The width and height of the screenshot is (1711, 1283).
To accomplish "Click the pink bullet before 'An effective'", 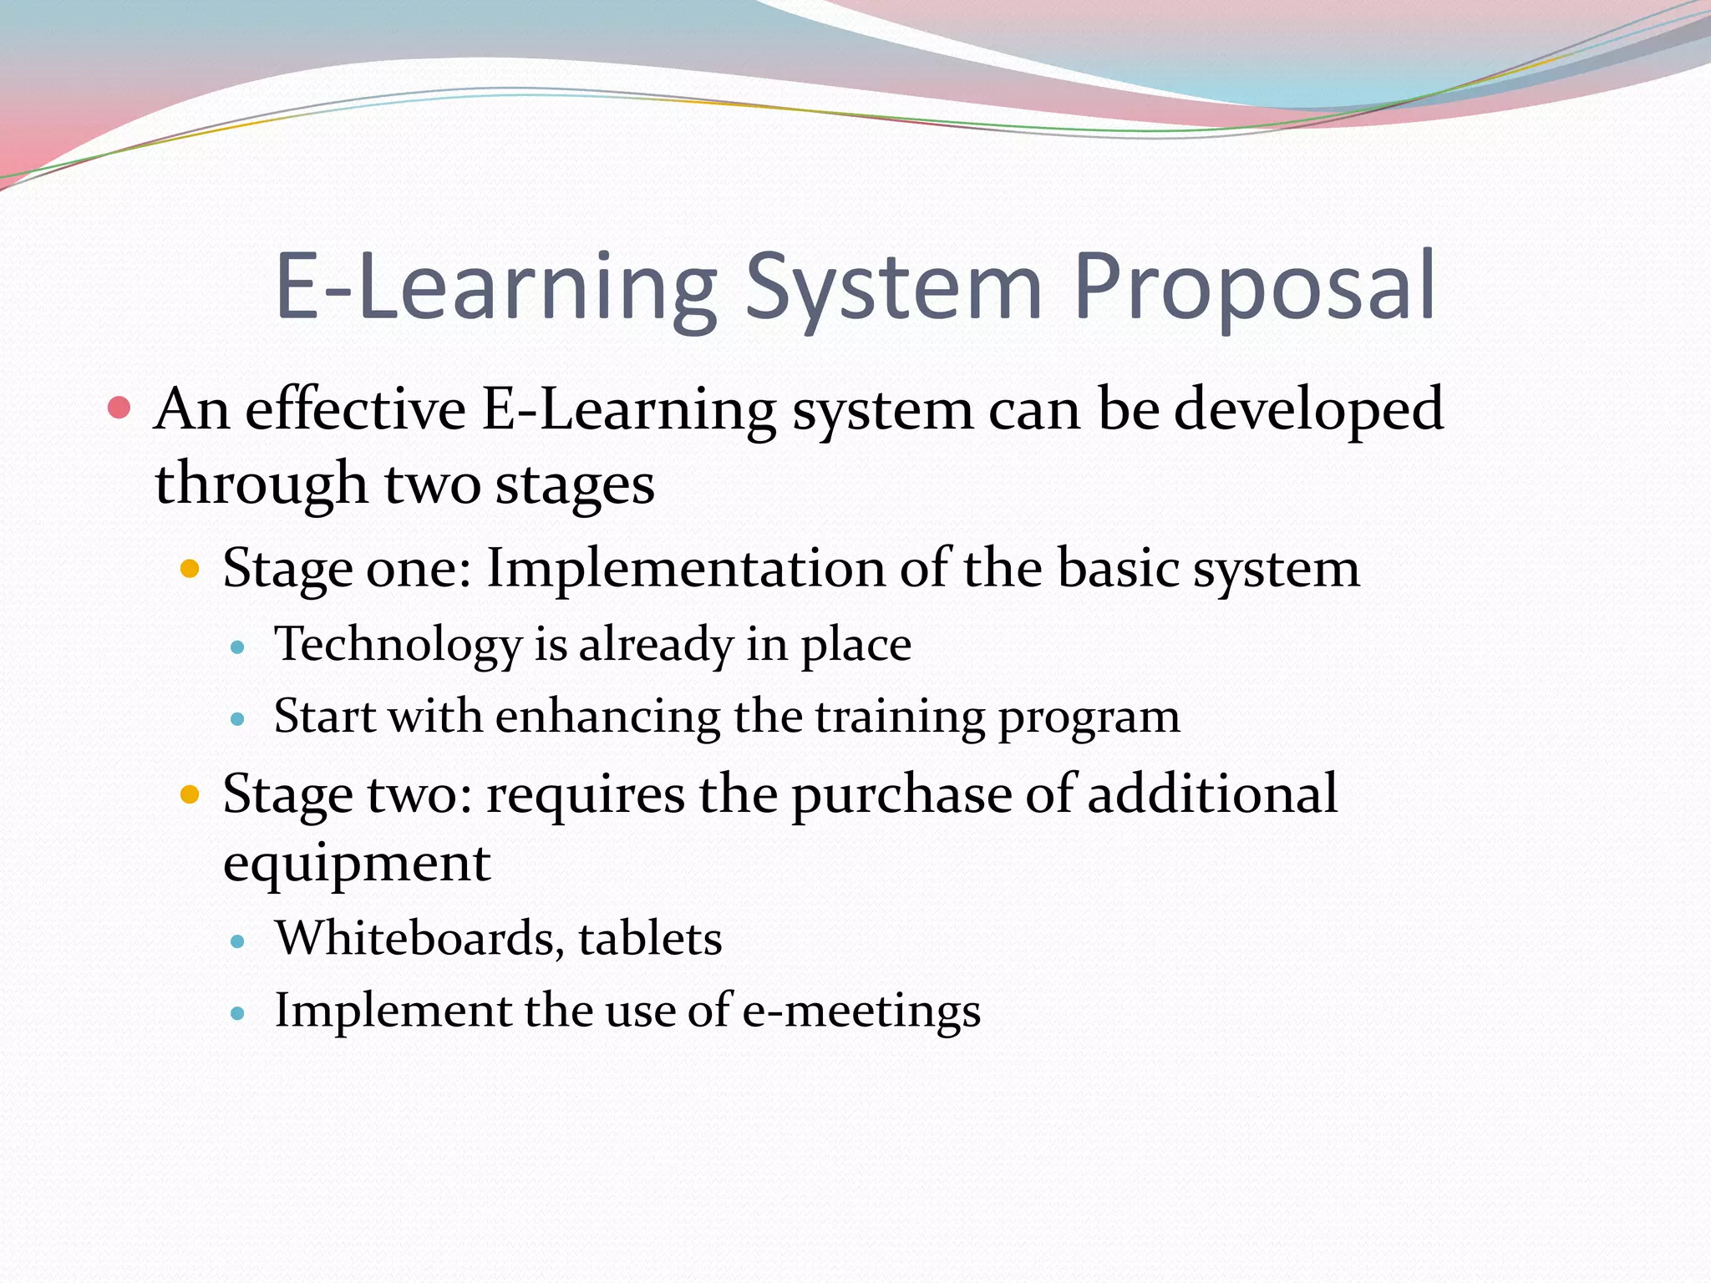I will pos(119,408).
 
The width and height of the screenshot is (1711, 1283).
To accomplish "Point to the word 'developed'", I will pos(1308,410).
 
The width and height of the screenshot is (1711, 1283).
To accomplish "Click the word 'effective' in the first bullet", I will pos(355,410).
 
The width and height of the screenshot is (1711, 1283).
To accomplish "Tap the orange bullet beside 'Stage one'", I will pos(190,570).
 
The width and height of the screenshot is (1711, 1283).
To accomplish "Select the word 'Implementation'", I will pos(685,569).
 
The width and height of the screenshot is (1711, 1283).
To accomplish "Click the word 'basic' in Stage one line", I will pos(1117,569).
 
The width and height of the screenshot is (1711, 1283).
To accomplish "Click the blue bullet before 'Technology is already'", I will pos(238,647).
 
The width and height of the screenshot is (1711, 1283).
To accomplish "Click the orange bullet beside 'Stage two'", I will pos(190,794).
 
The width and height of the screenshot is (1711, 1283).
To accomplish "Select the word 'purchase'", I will pos(901,794).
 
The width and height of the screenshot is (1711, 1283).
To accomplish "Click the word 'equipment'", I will pos(357,864).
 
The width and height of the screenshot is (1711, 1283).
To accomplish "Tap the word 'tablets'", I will pos(650,938).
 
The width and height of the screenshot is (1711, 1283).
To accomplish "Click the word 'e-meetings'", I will pos(861,1011).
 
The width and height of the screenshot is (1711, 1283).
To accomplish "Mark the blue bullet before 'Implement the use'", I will pos(238,1014).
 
